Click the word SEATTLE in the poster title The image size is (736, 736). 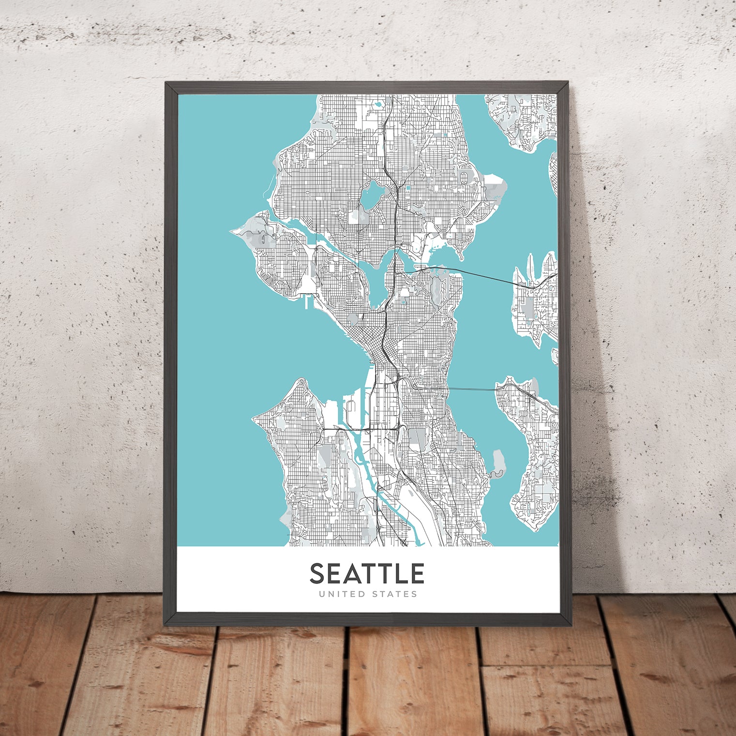click(x=367, y=573)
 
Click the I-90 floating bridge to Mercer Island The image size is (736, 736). click(x=472, y=389)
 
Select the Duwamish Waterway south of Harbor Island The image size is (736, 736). click(x=364, y=465)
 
